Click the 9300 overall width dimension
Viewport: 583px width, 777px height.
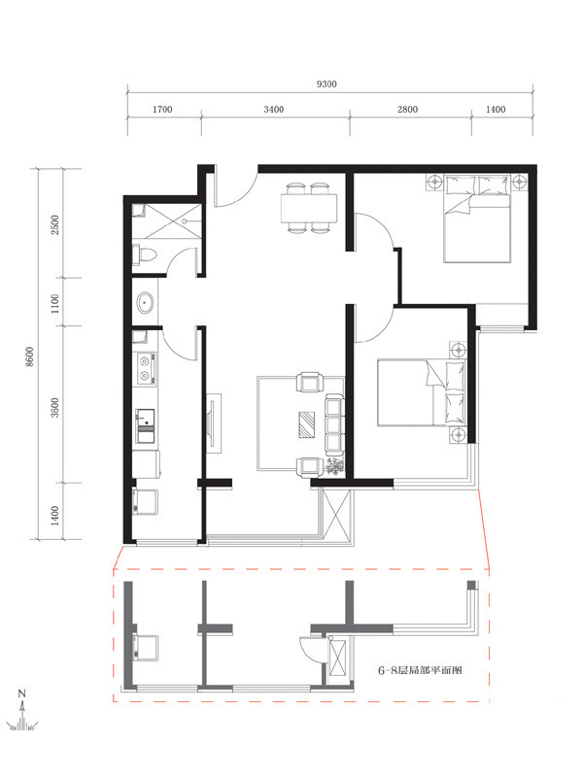point(326,84)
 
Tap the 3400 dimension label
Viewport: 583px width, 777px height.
point(274,109)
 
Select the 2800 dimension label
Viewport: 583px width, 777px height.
point(407,109)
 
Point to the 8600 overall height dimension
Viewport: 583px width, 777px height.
point(30,356)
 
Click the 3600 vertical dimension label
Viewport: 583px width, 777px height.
point(55,407)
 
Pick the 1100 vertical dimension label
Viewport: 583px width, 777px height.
point(55,303)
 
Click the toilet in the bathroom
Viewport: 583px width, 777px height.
point(145,254)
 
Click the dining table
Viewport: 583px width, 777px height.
point(309,209)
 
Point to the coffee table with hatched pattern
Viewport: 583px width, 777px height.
point(306,424)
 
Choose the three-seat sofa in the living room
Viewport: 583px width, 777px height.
point(334,425)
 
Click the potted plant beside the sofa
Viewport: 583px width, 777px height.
point(335,467)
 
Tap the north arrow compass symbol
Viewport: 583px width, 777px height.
point(21,711)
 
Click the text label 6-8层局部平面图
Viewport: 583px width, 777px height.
point(420,670)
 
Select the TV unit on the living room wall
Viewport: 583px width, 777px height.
point(214,422)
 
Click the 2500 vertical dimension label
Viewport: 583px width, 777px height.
point(55,224)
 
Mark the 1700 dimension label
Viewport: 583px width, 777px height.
point(162,109)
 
